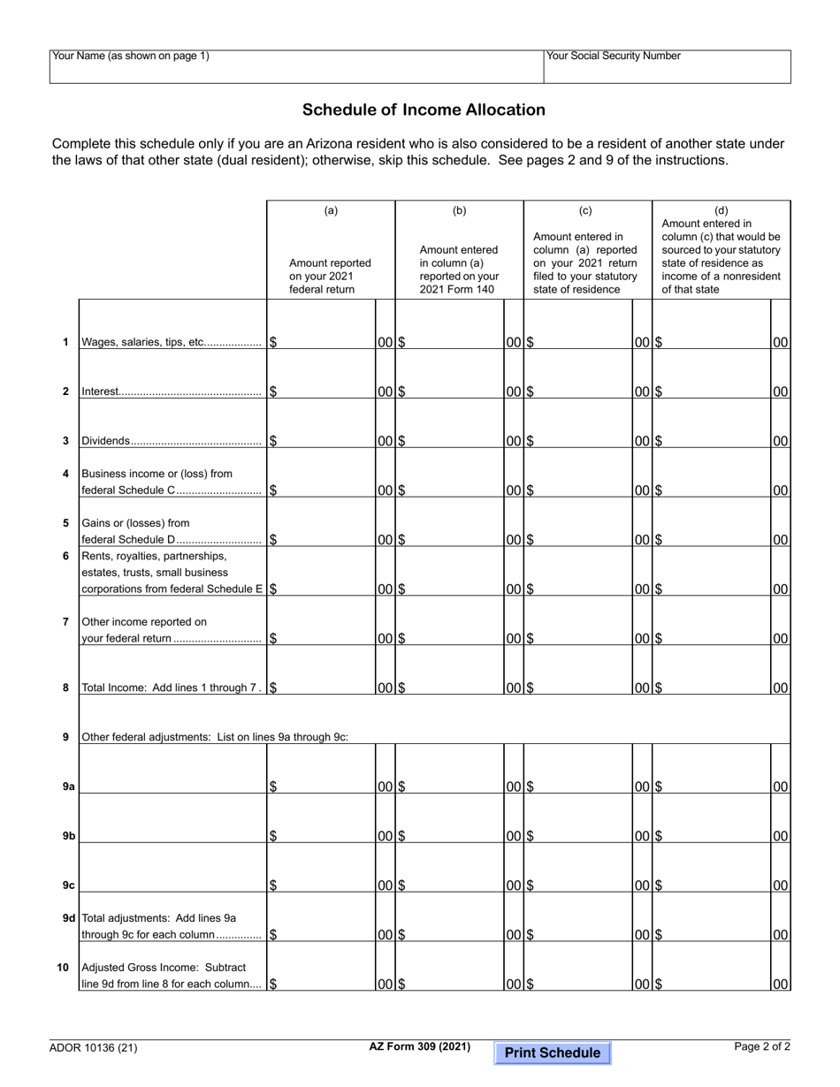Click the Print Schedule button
click(x=552, y=1053)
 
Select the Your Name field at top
click(x=296, y=67)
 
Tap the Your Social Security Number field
click(x=667, y=67)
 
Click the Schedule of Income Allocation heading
click(x=424, y=110)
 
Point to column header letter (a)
click(x=330, y=210)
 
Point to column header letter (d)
click(x=721, y=210)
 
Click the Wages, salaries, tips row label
click(x=171, y=342)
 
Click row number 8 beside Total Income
click(x=65, y=688)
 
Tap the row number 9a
click(x=68, y=787)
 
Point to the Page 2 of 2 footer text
click(x=762, y=1047)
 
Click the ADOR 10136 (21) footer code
click(x=94, y=1049)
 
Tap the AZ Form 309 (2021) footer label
click(x=420, y=1047)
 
